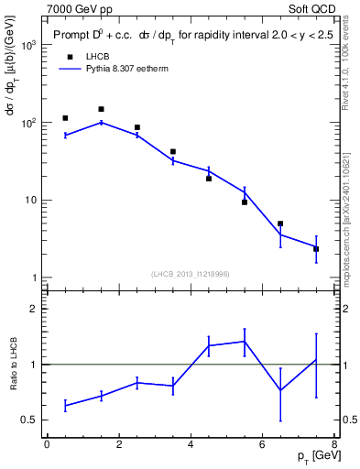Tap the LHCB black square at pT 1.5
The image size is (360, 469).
[101, 109]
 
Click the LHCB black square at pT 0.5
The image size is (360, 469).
[65, 118]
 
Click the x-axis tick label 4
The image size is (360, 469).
[191, 444]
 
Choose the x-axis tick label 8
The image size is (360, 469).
[334, 444]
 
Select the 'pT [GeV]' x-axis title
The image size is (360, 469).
[312, 456]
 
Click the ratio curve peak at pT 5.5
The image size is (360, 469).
[245, 341]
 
